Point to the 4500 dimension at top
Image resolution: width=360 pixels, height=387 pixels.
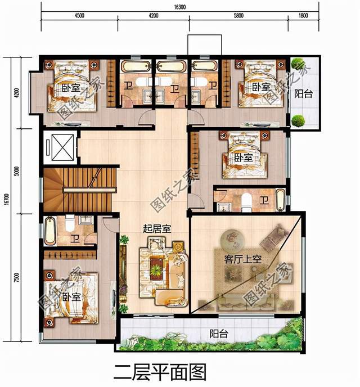click(78, 16)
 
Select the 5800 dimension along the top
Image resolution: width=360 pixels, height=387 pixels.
click(237, 16)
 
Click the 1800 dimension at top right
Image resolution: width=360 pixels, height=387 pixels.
click(304, 16)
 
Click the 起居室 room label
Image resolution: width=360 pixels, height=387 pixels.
click(157, 228)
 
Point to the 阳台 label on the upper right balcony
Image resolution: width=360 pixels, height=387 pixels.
click(304, 94)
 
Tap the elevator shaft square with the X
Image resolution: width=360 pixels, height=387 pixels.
click(59, 148)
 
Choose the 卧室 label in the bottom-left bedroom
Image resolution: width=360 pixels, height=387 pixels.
click(71, 296)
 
